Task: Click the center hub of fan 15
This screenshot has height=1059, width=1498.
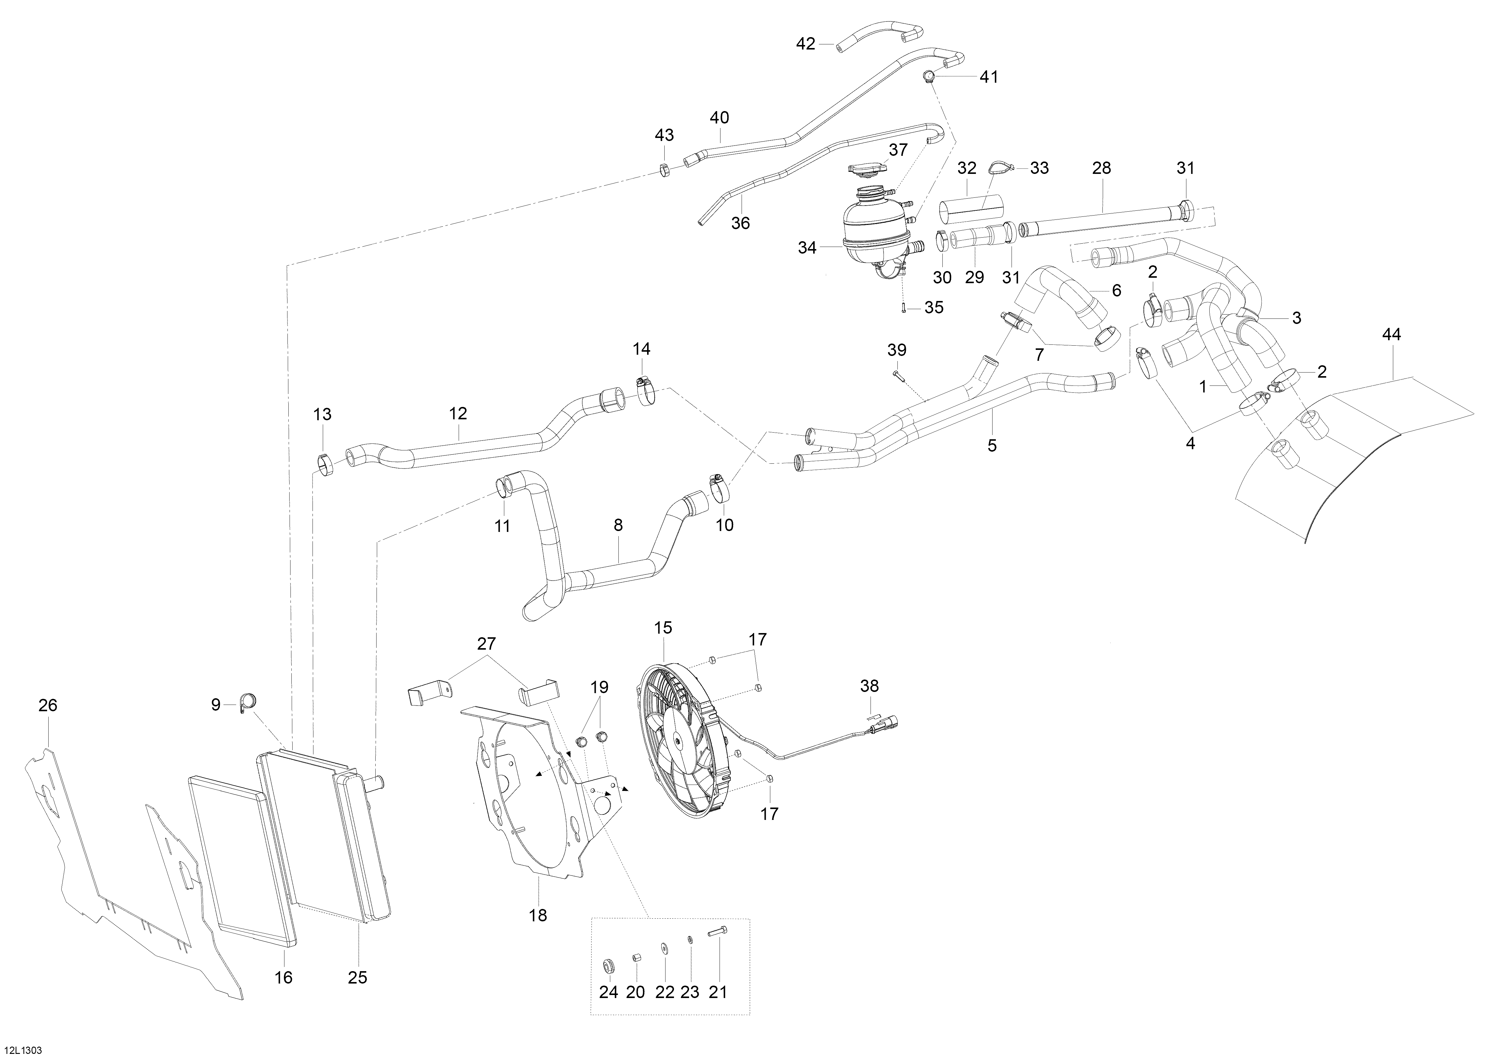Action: tap(679, 740)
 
